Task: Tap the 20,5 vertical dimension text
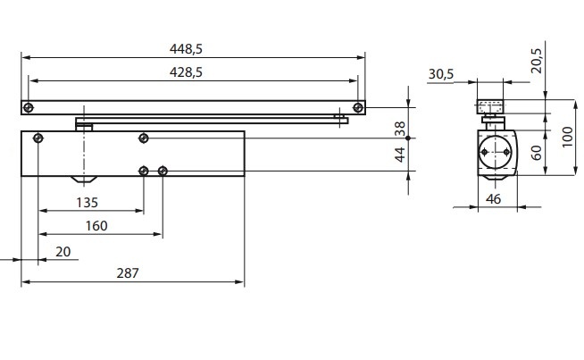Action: click(535, 60)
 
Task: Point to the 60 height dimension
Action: click(536, 151)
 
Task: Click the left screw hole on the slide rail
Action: click(29, 108)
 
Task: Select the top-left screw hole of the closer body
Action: click(38, 138)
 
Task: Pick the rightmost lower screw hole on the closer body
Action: click(162, 170)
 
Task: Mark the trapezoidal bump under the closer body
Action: click(86, 180)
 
